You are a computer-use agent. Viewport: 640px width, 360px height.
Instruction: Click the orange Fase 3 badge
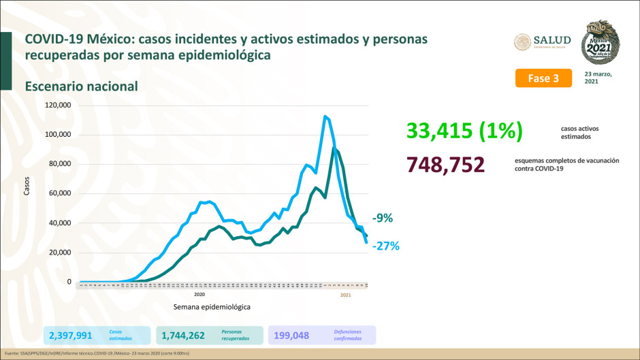543,78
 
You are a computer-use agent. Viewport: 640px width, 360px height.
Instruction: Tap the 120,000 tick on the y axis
58,105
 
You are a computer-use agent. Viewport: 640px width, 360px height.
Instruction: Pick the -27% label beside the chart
385,246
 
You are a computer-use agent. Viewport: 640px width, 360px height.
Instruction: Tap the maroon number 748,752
445,165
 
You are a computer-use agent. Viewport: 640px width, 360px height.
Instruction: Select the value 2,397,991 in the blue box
71,335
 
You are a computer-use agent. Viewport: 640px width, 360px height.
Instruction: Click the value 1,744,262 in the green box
184,335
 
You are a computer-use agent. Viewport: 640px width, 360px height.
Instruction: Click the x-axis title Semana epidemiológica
211,307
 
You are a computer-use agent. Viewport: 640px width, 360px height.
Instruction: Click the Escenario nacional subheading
82,86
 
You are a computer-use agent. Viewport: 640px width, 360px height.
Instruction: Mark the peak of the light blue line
325,116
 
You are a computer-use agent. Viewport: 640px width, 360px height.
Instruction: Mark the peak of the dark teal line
334,148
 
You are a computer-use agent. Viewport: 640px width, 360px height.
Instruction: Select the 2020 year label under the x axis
199,295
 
